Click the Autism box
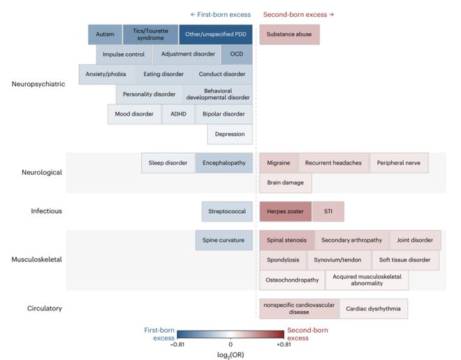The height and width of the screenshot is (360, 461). (x=105, y=34)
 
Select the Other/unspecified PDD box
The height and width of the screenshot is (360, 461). (x=216, y=34)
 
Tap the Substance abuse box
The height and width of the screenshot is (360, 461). (x=289, y=34)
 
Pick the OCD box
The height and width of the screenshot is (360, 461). (x=237, y=55)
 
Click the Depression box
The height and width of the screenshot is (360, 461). (x=230, y=134)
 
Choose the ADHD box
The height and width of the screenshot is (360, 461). (x=178, y=114)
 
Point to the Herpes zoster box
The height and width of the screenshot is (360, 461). (x=286, y=212)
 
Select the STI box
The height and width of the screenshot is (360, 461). (x=328, y=212)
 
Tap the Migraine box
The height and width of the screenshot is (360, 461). (x=279, y=163)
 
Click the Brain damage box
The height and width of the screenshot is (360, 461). (x=286, y=182)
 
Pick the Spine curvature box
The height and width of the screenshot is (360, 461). (x=224, y=240)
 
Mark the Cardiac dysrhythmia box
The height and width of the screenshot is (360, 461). (x=374, y=309)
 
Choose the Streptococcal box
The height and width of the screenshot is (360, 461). (x=227, y=212)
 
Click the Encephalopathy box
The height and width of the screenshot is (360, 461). (x=224, y=163)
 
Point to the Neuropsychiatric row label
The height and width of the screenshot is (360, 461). (x=38, y=84)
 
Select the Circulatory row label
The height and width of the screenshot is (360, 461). (x=45, y=308)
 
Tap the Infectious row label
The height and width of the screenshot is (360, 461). (x=47, y=211)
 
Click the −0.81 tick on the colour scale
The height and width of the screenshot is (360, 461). (x=177, y=345)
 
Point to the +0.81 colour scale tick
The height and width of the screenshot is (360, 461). (x=284, y=345)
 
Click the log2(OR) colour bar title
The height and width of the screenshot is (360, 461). (x=230, y=355)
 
